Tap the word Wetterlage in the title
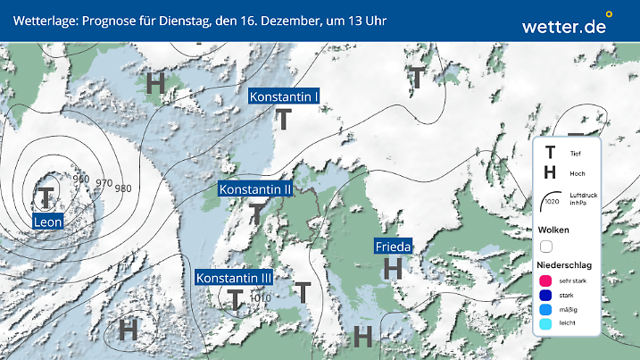click(x=42, y=20)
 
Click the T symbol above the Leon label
click(x=45, y=197)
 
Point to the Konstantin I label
click(x=284, y=96)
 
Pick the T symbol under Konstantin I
click(x=284, y=120)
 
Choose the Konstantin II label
click(x=255, y=189)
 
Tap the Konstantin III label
click(x=234, y=278)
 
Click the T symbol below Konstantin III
click(x=235, y=299)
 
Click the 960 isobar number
click(x=81, y=179)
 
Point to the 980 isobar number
click(x=123, y=188)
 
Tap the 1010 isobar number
click(x=260, y=298)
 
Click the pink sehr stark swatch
click(x=546, y=280)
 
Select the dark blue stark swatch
click(x=546, y=295)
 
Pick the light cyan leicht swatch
click(x=546, y=325)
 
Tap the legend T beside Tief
click(x=550, y=154)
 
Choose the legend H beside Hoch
click(x=550, y=172)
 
